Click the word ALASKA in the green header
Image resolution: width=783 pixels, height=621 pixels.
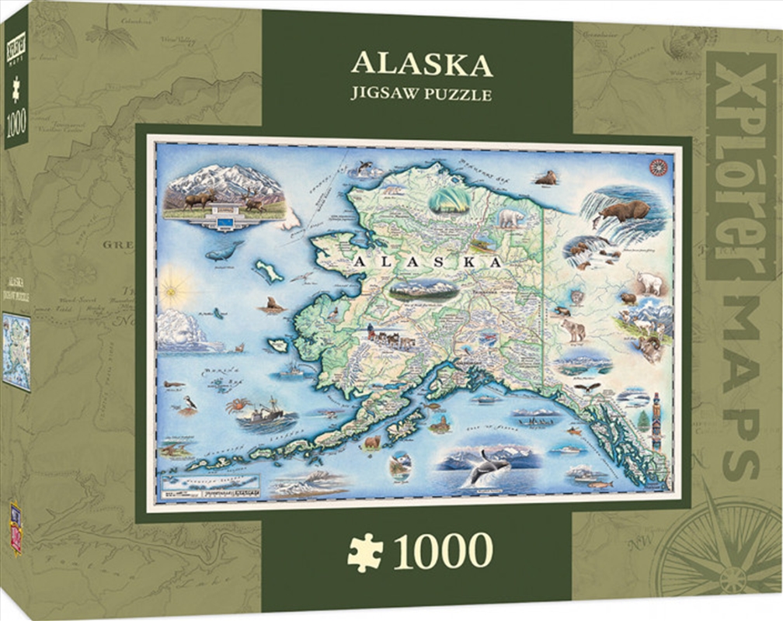[422, 65]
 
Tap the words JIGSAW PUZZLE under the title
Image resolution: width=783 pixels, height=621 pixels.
[422, 95]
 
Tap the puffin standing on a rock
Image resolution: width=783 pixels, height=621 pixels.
[190, 403]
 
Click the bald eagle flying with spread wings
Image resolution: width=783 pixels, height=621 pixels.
[593, 386]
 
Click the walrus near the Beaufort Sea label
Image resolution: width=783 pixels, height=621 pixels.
[546, 179]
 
